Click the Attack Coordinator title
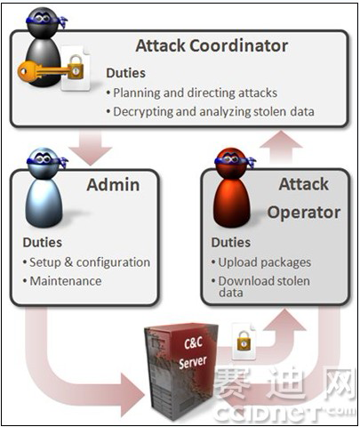212,46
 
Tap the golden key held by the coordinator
44,71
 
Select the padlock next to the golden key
76,67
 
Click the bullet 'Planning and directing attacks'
192,93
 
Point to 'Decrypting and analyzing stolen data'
211,112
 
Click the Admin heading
113,185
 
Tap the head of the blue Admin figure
44,164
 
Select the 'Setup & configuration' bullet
86,262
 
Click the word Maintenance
66,281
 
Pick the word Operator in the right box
304,213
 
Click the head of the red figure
232,164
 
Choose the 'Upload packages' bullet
261,262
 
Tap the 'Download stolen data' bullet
260,286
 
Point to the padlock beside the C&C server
244,341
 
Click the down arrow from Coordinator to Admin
91,149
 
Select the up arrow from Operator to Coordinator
281,147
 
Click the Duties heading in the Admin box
43,243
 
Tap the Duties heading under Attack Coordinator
125,73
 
